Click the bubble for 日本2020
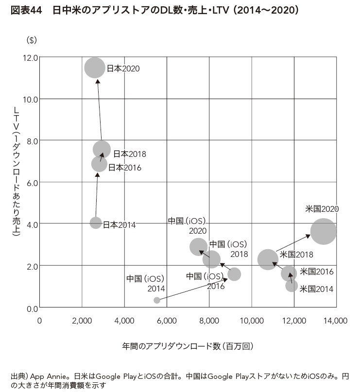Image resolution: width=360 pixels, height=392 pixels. point(95,68)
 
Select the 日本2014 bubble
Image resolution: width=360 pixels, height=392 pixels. point(96,222)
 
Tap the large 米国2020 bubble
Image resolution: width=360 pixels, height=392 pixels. point(323,232)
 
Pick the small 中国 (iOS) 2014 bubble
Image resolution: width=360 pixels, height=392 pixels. point(157,300)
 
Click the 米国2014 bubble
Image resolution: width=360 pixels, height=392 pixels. point(291,285)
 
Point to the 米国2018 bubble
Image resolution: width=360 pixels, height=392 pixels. point(268,259)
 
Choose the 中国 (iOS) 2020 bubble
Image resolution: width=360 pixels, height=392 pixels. point(198,247)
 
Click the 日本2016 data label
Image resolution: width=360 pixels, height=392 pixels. point(124,168)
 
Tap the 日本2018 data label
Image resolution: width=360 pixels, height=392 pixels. point(130,154)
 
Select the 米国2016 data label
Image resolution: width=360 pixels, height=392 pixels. point(317,272)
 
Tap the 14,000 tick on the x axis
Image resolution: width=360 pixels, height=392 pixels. point(335,321)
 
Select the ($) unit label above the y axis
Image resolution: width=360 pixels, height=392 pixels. point(32,40)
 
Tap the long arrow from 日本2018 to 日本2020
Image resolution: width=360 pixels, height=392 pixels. point(100,109)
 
